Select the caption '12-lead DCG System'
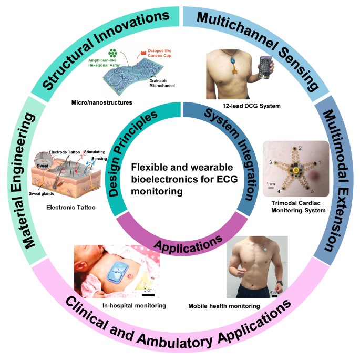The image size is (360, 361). (x=243, y=106)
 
